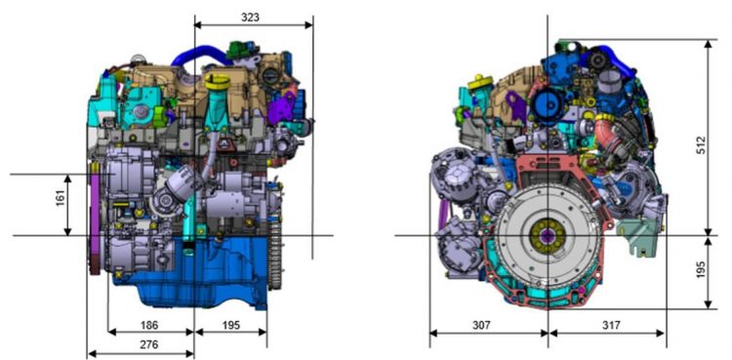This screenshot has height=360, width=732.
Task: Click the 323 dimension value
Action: [250, 18]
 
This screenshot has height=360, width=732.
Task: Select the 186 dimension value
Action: [149, 325]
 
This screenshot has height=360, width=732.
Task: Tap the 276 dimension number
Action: [149, 345]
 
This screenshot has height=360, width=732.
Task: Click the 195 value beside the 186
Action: [230, 325]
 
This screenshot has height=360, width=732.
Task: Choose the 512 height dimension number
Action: [701, 145]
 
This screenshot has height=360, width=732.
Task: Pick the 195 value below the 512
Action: [701, 269]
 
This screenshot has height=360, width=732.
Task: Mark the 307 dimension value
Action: [481, 325]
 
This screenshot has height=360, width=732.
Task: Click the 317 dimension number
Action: [611, 325]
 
